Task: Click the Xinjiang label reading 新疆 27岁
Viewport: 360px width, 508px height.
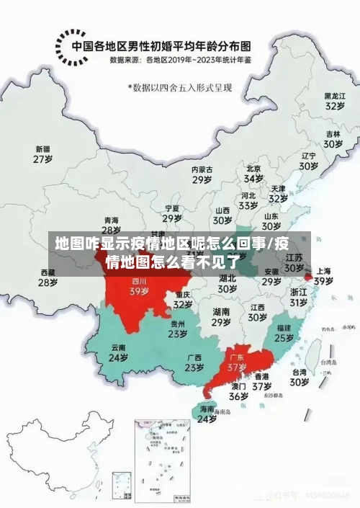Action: tap(44, 154)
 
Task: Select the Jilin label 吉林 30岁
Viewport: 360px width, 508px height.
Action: tap(332, 138)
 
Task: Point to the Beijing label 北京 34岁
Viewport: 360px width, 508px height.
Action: tap(253, 173)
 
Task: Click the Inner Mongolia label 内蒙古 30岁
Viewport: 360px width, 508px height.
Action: tap(202, 174)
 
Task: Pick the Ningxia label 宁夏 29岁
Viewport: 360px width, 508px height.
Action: tap(172, 213)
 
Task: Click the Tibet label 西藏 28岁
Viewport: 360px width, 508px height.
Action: tap(48, 277)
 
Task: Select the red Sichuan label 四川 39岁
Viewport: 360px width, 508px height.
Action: tap(139, 286)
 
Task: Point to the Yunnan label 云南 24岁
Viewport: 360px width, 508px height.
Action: tap(118, 352)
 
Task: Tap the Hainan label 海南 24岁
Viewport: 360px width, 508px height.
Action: tap(207, 414)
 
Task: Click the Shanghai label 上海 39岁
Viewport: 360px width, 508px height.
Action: tap(323, 276)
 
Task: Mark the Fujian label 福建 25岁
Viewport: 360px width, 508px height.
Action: tap(284, 332)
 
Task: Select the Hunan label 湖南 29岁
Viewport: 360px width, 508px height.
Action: tap(222, 317)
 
